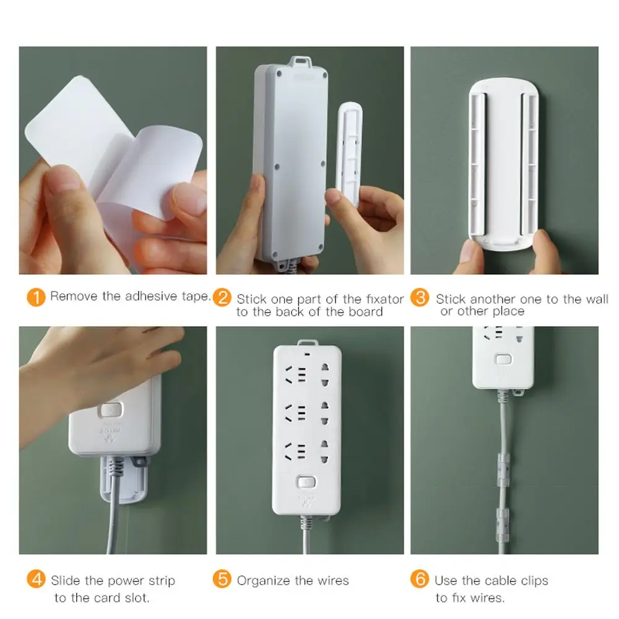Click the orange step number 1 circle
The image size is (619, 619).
tap(37, 297)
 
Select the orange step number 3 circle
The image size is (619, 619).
tap(420, 298)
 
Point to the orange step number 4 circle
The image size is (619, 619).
tap(37, 580)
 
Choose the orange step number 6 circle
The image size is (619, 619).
tap(420, 580)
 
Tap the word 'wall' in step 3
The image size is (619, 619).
tap(597, 299)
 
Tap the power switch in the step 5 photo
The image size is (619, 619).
tap(306, 482)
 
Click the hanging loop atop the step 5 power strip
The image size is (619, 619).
tap(306, 342)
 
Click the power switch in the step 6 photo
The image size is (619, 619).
tap(503, 359)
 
